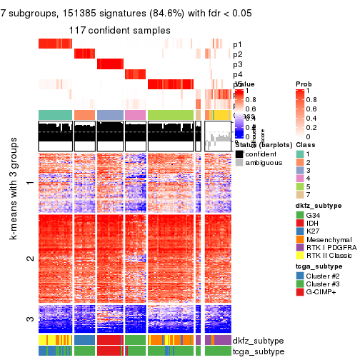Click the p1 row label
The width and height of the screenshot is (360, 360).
[238, 44]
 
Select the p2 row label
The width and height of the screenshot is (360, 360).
[238, 54]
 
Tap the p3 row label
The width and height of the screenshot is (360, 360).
[238, 64]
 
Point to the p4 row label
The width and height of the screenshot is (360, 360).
[238, 74]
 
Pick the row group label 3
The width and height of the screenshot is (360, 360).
[29, 320]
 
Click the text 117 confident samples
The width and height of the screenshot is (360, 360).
[120, 30]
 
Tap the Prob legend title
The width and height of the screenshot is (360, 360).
[304, 84]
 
